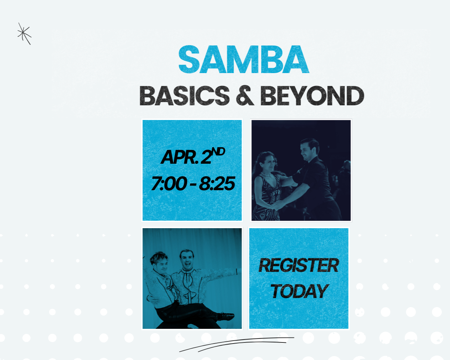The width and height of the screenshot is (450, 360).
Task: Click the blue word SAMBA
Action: [x=243, y=59]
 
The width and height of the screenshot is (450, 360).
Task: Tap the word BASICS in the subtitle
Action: [x=184, y=96]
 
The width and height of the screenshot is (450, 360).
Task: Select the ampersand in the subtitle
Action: [x=245, y=96]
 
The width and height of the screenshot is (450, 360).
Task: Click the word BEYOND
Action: [x=312, y=96]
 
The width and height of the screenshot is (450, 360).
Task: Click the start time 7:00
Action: [x=169, y=184]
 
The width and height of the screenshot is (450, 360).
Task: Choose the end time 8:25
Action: [x=217, y=184]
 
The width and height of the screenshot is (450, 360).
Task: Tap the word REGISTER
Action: [x=298, y=265]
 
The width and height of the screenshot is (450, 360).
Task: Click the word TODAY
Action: [x=299, y=291]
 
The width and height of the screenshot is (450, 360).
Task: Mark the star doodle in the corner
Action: [x=24, y=34]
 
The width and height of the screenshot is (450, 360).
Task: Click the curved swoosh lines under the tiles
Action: [x=236, y=344]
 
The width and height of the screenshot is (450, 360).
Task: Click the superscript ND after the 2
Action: [x=218, y=152]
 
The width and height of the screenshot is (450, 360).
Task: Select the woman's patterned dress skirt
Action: [x=265, y=211]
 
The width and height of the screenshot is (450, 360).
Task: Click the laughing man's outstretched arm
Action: [x=223, y=272]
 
